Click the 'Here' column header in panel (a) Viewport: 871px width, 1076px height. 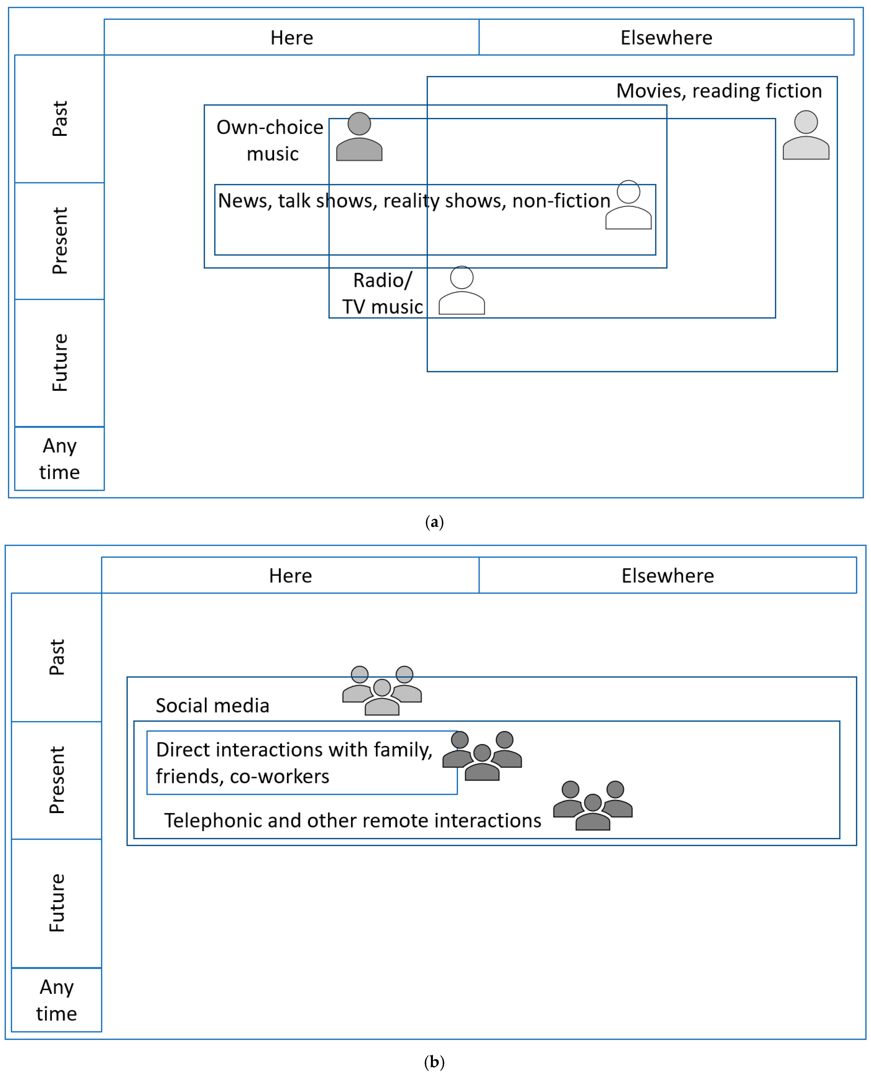point(292,38)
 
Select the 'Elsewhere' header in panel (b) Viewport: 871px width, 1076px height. point(667,575)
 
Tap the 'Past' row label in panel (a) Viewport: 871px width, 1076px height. point(60,119)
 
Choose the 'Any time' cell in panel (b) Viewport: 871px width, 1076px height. point(57,1000)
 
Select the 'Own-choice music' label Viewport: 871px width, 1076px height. point(270,140)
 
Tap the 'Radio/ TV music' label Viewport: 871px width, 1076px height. point(382,293)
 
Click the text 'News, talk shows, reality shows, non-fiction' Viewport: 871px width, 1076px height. point(414,201)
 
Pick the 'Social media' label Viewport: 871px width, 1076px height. point(212,705)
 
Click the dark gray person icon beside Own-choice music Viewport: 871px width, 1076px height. point(359,137)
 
